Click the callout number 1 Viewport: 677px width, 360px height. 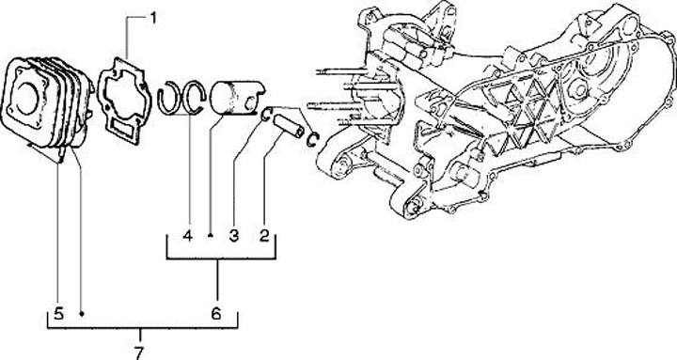coord(153,18)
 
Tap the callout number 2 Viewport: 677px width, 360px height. coord(264,236)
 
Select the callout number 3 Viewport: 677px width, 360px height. coord(233,236)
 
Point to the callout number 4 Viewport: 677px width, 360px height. coord(187,236)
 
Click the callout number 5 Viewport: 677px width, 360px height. coord(58,313)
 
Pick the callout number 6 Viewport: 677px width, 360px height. coord(216,313)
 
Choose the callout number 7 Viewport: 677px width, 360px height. coord(138,353)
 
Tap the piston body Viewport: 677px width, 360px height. coord(237,98)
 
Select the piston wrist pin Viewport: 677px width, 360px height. coord(289,126)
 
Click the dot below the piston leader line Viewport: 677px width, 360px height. coord(210,236)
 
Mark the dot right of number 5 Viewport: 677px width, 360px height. coord(81,313)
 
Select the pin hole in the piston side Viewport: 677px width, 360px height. coord(250,103)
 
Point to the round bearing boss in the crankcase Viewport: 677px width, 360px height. coord(577,89)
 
